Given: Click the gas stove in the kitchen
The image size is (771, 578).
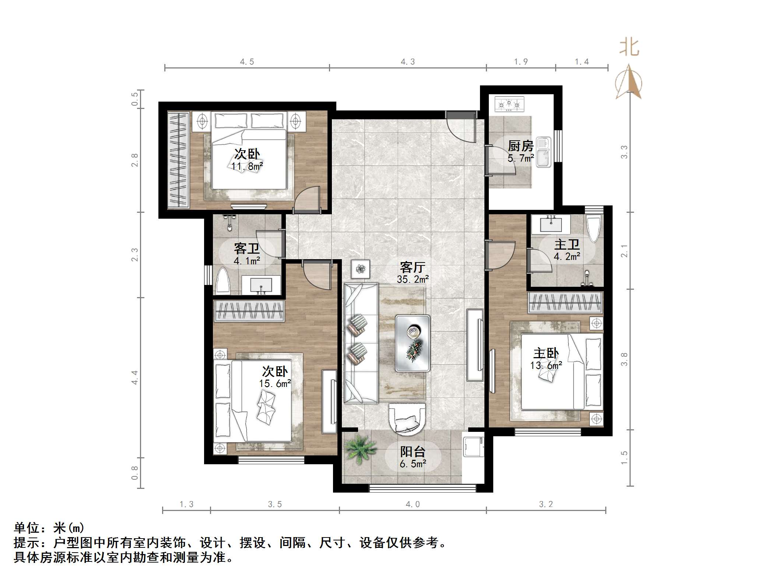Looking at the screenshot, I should pos(509,104).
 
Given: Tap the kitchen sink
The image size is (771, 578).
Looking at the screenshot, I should pos(543,152).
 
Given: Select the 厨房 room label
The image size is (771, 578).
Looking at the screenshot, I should pos(521,146).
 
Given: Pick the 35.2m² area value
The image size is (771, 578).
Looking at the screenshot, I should pos(413,279).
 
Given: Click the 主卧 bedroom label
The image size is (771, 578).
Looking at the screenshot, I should pos(546,353).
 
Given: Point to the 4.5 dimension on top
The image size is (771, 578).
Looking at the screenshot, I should pos(247,62).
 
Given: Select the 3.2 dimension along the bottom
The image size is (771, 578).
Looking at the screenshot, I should pos(546,504).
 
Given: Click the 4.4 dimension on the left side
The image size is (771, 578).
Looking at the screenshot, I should pos(134,377).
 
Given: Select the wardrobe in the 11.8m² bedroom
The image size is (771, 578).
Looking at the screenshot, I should pos(179,160).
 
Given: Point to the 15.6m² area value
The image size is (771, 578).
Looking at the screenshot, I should pos(275,384).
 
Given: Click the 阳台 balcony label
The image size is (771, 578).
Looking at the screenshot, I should pos(413,452).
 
